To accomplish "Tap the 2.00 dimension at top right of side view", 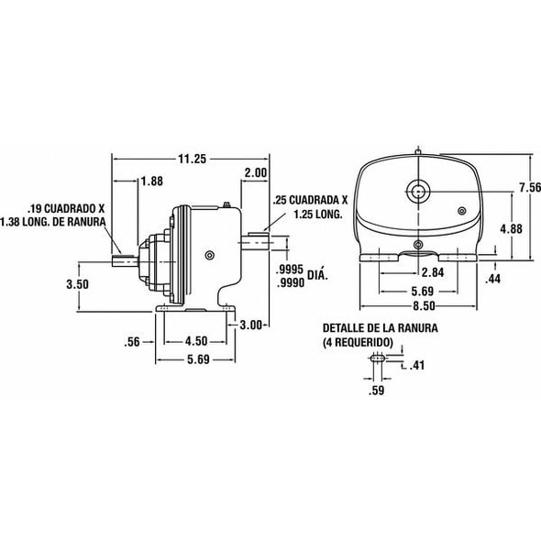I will (255, 172).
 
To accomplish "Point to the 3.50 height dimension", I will (79, 284).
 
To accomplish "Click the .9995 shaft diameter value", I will (291, 271).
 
